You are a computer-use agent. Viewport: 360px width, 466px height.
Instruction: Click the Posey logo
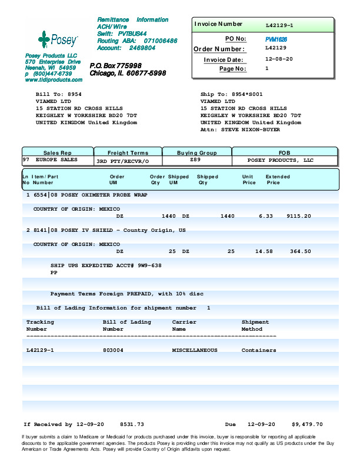click(57, 40)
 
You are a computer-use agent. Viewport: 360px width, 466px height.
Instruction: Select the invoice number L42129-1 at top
click(279, 26)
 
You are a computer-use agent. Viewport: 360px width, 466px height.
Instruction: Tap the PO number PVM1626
click(276, 38)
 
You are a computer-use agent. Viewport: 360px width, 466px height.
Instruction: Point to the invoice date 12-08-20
click(279, 59)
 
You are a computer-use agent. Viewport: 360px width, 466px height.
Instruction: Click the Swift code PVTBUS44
click(132, 34)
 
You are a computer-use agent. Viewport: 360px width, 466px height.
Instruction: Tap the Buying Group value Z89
click(196, 160)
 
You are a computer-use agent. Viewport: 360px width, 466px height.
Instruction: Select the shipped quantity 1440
click(227, 217)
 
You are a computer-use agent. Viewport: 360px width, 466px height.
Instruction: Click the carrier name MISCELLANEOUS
click(195, 350)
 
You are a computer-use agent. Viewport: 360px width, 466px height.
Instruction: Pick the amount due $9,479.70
click(307, 424)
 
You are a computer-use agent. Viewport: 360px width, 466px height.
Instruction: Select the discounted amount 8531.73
click(132, 424)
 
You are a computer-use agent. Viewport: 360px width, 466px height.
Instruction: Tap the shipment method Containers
click(259, 350)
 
